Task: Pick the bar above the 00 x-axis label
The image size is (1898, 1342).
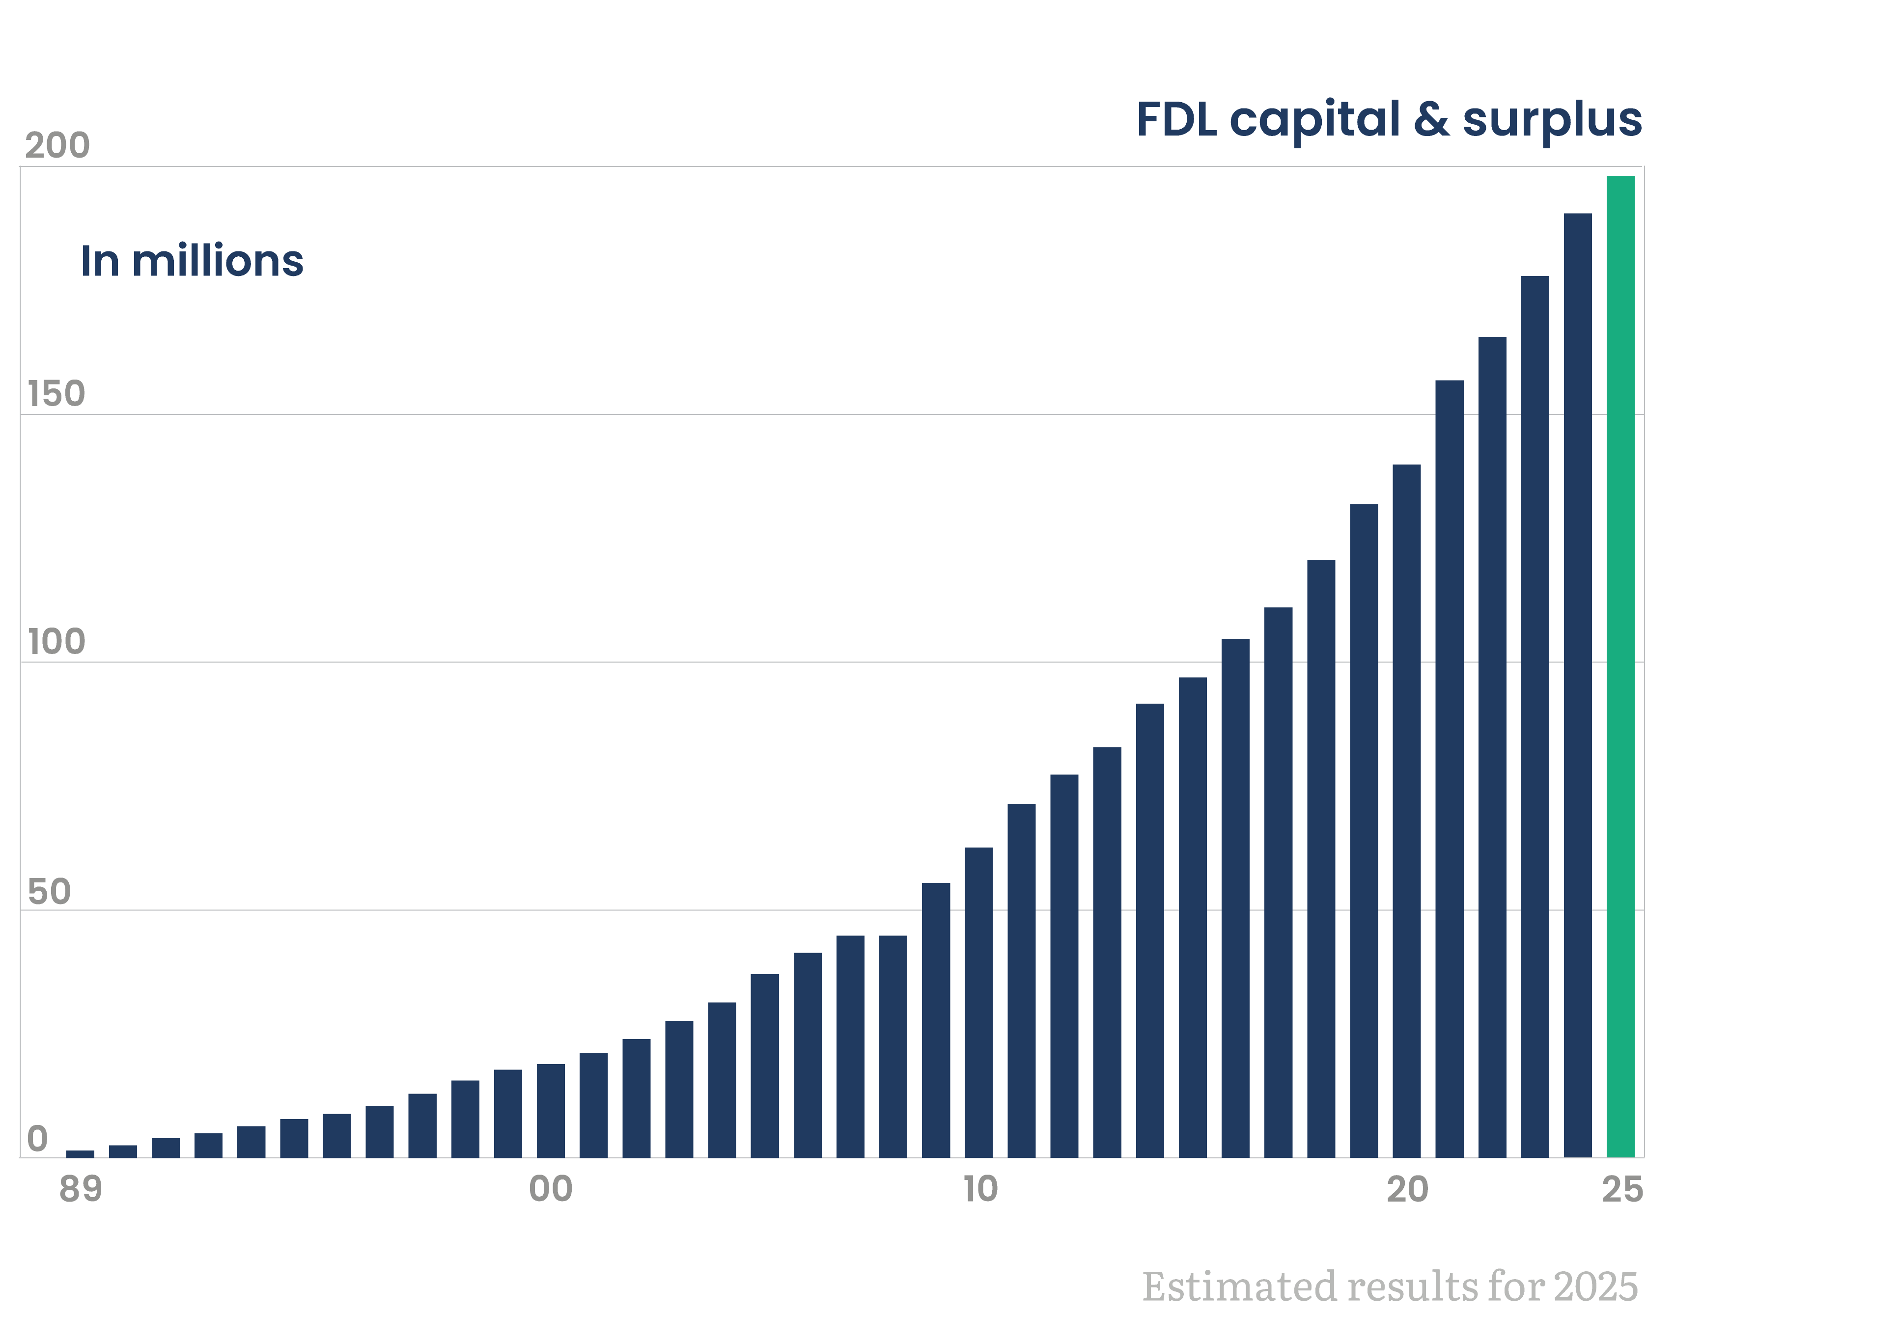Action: [x=551, y=1111]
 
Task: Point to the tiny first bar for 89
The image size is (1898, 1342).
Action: [x=80, y=1153]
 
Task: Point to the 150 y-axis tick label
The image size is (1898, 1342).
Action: [x=56, y=394]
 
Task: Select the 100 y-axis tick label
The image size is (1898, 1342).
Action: [x=56, y=642]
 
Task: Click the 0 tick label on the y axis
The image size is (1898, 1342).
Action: [x=37, y=1139]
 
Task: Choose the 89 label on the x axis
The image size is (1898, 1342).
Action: [x=80, y=1190]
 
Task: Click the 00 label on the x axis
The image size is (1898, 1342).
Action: [x=551, y=1190]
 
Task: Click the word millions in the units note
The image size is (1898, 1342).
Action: [x=218, y=261]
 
